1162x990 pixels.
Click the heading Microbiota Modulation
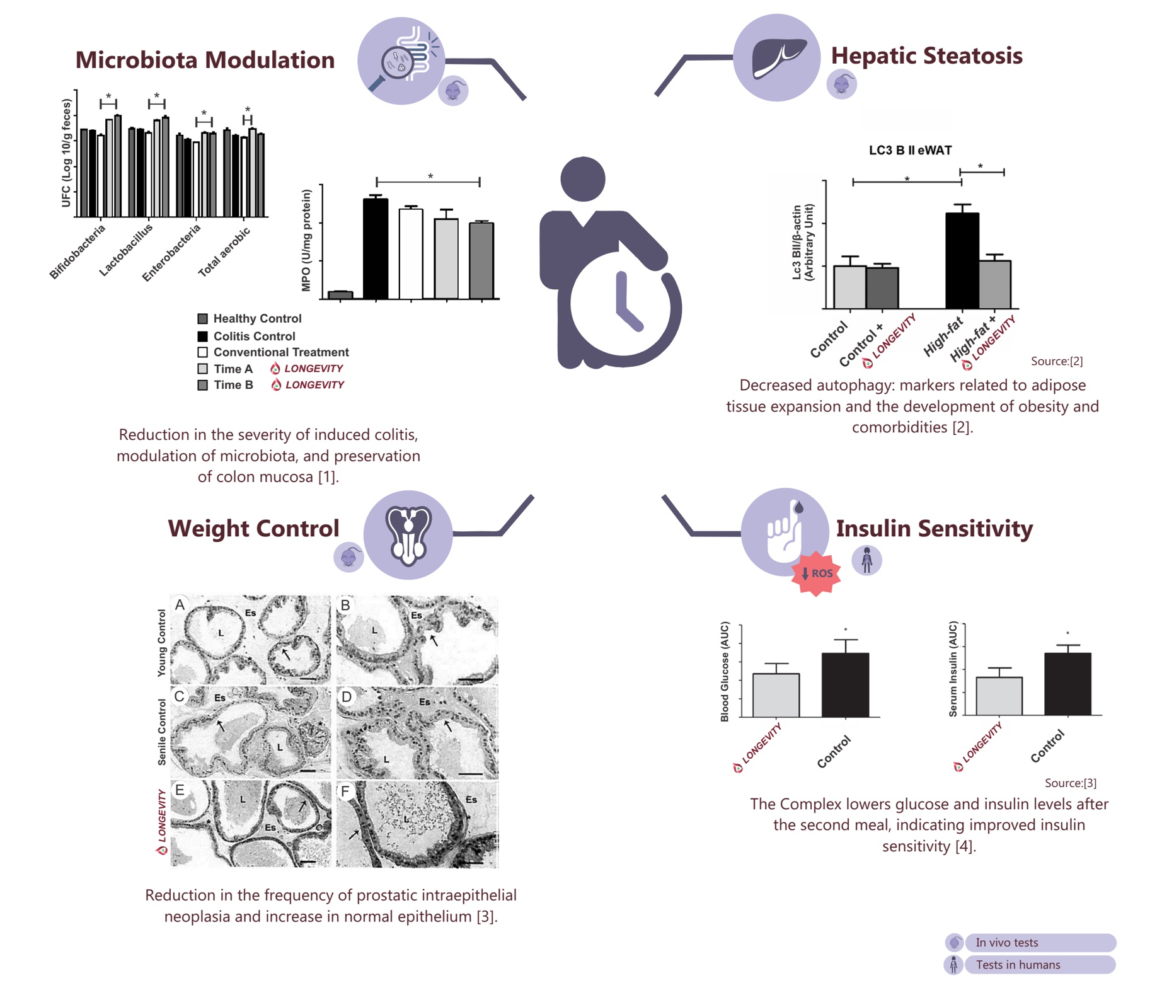(x=205, y=60)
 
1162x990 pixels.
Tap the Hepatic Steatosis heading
(x=926, y=55)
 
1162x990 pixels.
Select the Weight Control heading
(x=253, y=528)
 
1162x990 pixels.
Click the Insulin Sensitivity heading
(x=934, y=528)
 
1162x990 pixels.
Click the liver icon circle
(x=777, y=58)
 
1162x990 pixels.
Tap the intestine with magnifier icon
(x=401, y=61)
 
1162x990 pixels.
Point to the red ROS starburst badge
(x=817, y=573)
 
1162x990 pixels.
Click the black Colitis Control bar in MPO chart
(x=376, y=248)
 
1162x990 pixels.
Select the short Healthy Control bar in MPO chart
(x=340, y=295)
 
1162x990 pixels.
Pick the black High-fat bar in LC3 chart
(x=962, y=260)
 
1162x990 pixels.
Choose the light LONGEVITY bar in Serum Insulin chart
(x=999, y=696)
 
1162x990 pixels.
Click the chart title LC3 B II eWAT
(x=910, y=150)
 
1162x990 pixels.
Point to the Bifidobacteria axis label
(x=77, y=251)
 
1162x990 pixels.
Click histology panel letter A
(x=180, y=605)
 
